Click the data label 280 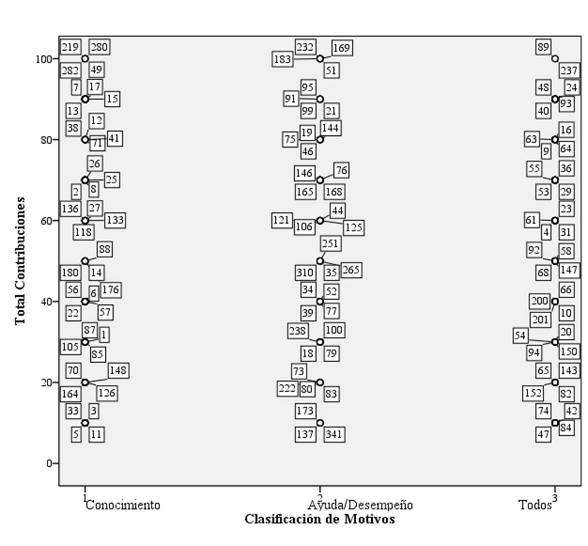[x=99, y=47]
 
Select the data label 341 [x=334, y=435]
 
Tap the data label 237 [x=569, y=71]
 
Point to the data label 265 [x=351, y=270]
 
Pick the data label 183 [x=283, y=59]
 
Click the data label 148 [x=118, y=370]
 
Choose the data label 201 [x=540, y=319]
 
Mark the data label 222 [x=287, y=389]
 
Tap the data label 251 [x=330, y=244]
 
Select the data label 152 [x=533, y=392]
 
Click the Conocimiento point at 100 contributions [x=85, y=59]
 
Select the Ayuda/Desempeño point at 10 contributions [x=320, y=423]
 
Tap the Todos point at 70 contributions [x=555, y=180]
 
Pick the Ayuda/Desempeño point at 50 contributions [x=320, y=261]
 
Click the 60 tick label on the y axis [x=47, y=221]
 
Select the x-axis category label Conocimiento [x=123, y=505]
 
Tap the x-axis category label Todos [x=535, y=505]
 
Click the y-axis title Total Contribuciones [x=20, y=261]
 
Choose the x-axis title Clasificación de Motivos [x=320, y=519]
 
